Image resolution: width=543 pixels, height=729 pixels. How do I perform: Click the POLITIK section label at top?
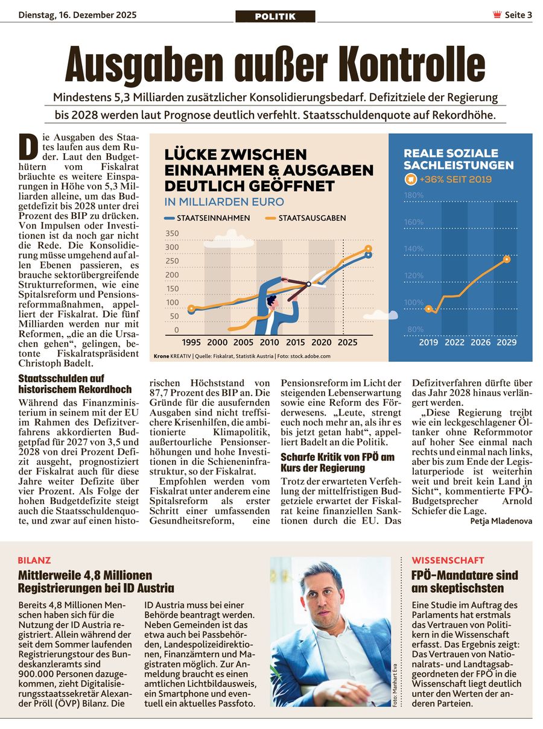(275, 16)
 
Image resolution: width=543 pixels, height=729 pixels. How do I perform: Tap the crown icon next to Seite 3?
(497, 15)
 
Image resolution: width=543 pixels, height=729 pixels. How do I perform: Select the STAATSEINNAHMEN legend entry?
(208, 218)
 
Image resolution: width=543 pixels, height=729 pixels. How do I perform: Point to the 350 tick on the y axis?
(172, 234)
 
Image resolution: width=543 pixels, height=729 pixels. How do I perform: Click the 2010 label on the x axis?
(269, 342)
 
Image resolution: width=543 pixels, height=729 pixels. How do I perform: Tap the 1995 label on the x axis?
(191, 342)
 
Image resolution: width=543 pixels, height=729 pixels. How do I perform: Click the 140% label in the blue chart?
(414, 248)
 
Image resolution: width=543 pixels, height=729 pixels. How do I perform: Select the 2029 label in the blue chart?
(506, 342)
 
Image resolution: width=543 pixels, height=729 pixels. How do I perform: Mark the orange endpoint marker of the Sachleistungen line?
(506, 259)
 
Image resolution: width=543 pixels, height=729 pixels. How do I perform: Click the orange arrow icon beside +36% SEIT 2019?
(410, 179)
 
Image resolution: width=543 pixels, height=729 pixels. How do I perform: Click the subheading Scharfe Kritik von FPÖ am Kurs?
(338, 462)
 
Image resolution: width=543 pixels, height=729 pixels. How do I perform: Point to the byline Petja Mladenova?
(501, 521)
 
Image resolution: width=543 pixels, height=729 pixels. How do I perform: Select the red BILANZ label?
(35, 560)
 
